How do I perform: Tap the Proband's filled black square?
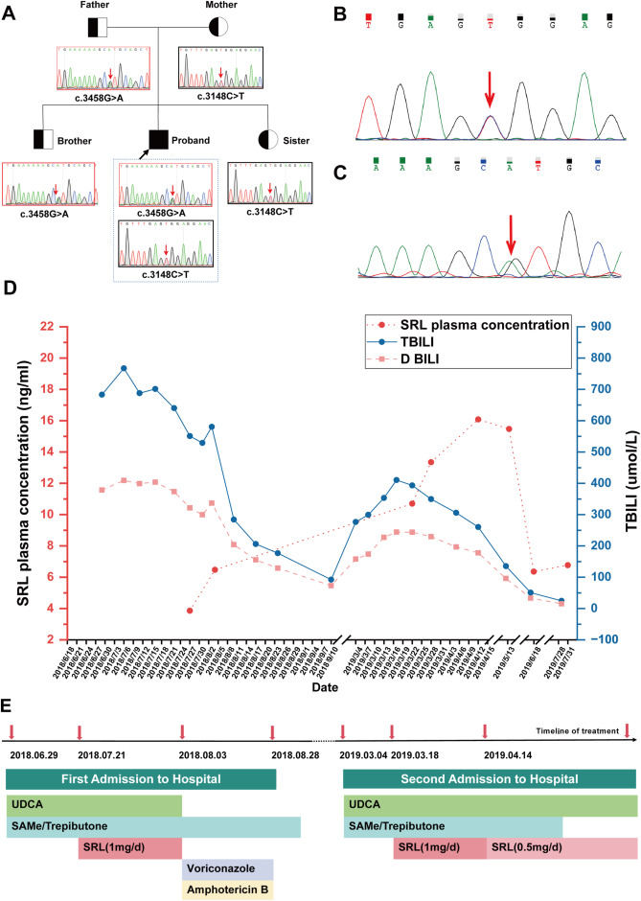[x=160, y=140]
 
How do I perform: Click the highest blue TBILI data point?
[x=124, y=368]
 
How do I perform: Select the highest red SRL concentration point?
[x=477, y=419]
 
